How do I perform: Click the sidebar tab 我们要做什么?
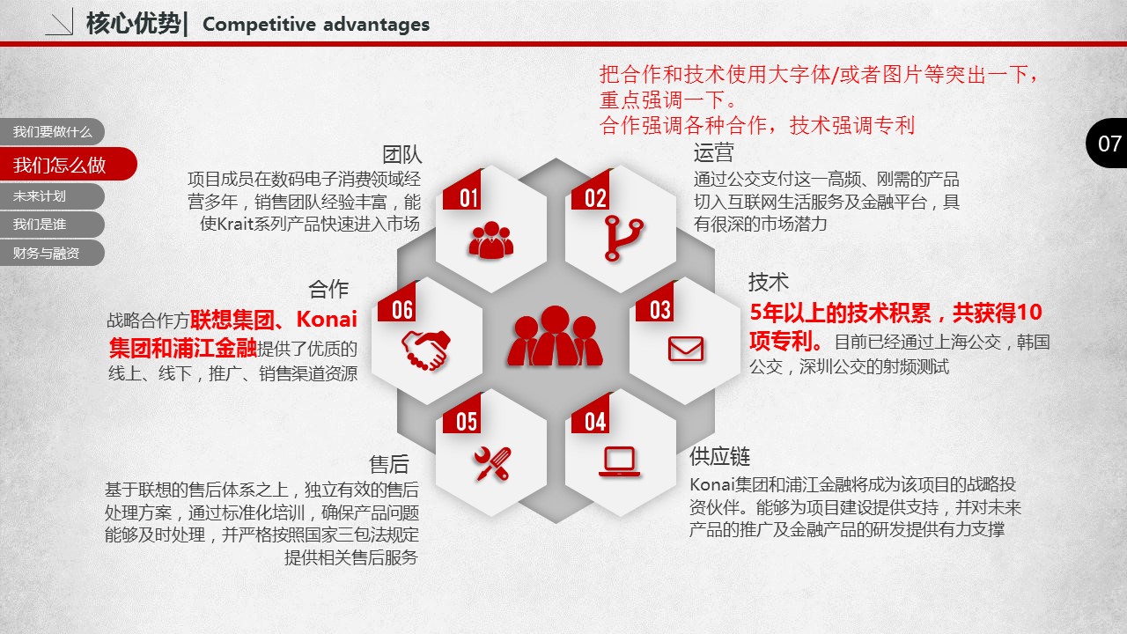(x=52, y=132)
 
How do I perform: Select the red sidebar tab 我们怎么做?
(x=68, y=164)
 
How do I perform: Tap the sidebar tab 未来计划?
(x=52, y=196)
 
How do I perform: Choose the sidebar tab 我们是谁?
(x=52, y=225)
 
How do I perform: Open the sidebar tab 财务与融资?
(x=52, y=253)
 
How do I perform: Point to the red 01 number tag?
(x=463, y=192)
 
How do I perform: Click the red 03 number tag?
(x=655, y=304)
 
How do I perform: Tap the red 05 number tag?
(x=463, y=415)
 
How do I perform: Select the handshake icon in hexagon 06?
(x=425, y=350)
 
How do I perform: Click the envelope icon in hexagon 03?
(x=686, y=350)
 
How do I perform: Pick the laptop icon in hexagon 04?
(x=619, y=461)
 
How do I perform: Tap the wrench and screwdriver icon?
(x=492, y=463)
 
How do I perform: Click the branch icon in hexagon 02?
(x=622, y=239)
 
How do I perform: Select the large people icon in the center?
(x=555, y=336)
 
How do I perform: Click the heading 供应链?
(x=720, y=456)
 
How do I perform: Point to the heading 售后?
(x=389, y=464)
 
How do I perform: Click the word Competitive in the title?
(x=259, y=24)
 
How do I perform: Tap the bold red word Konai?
(x=327, y=319)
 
